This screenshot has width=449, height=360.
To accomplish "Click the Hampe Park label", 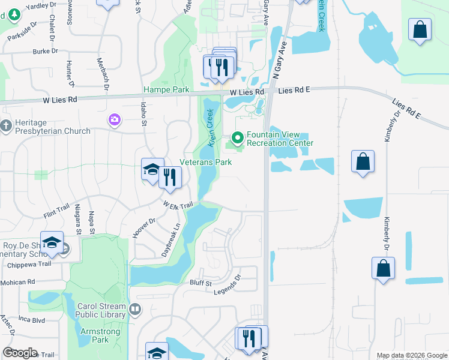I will point(166,90).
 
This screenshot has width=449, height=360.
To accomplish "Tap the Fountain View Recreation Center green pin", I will point(238,139).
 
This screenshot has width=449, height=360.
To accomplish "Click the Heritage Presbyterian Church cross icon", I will point(6,126).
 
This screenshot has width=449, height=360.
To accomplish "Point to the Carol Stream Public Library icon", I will point(135,310).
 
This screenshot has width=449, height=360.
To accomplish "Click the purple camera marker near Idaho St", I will point(114,120).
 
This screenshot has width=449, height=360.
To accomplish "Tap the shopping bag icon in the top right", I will point(420,29).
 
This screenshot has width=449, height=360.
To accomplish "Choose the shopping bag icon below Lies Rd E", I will point(363,161).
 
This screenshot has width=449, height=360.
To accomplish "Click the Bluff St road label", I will point(200,283).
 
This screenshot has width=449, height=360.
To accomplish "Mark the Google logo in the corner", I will point(20,353).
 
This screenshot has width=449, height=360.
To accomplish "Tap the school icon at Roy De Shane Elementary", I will point(52,242).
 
